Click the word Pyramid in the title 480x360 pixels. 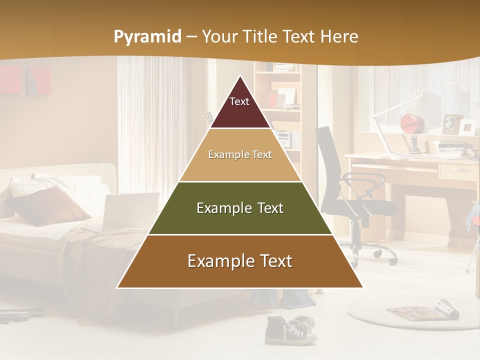pos(147,37)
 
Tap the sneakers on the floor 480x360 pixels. pos(290,329)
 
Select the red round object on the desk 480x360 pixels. pos(412,123)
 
